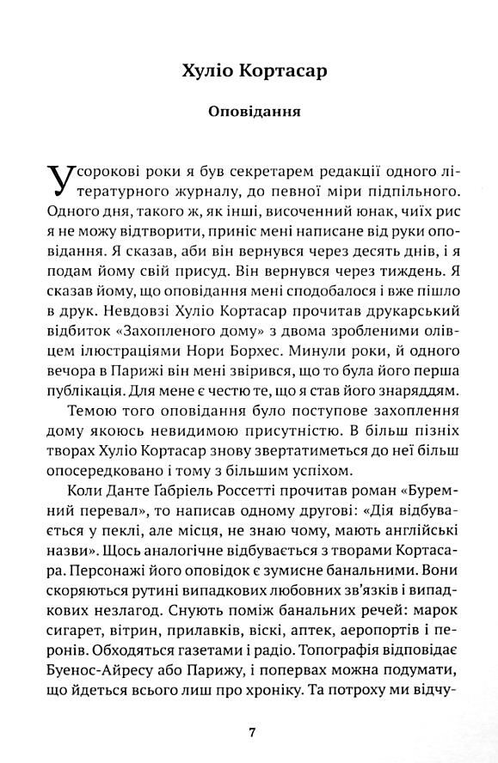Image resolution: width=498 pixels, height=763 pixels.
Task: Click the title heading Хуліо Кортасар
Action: pos(249,70)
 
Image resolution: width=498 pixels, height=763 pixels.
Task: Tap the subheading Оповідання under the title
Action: pos(249,112)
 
